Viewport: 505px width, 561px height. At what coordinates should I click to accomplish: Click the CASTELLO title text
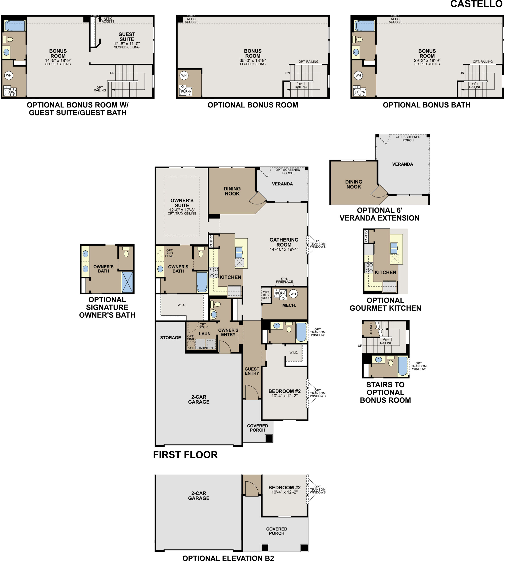pyautogui.click(x=476, y=4)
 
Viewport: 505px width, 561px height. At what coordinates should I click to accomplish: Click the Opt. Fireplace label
pyautogui.click(x=284, y=280)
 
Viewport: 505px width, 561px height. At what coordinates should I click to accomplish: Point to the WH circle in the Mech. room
pyautogui.click(x=293, y=294)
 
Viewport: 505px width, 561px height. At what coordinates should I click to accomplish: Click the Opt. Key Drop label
pyautogui.click(x=266, y=295)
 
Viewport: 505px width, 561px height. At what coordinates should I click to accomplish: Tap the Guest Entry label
pyautogui.click(x=252, y=371)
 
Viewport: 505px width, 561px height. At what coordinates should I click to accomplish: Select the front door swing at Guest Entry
pyautogui.click(x=252, y=392)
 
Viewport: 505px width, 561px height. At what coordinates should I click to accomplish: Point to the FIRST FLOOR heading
pyautogui.click(x=185, y=455)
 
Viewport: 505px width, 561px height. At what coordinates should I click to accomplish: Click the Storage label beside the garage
pyautogui.click(x=170, y=338)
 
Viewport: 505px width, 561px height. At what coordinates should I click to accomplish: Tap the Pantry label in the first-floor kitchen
pyautogui.click(x=211, y=241)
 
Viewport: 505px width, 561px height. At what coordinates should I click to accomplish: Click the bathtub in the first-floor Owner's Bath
pyautogui.click(x=202, y=282)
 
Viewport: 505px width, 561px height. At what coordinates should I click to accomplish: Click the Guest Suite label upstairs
pyautogui.click(x=127, y=37)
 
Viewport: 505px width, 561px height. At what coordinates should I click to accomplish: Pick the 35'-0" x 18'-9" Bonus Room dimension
pyautogui.click(x=252, y=60)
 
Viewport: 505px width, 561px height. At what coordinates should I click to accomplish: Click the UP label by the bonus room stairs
pyautogui.click(x=360, y=346)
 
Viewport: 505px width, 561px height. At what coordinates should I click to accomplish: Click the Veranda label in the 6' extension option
pyautogui.click(x=402, y=164)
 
